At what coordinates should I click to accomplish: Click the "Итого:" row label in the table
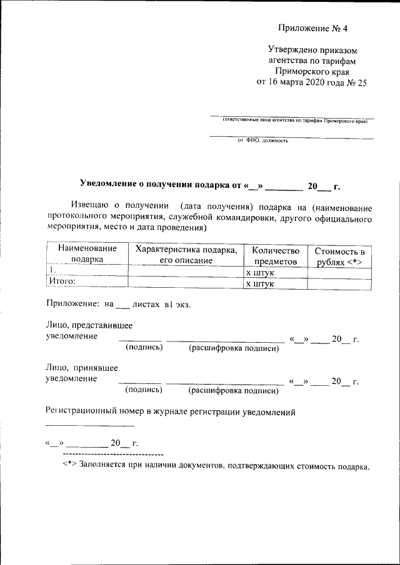(62, 282)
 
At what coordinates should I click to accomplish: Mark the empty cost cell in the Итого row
(339, 283)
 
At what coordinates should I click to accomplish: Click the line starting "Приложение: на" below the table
(118, 304)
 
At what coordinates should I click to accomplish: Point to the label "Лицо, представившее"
(89, 325)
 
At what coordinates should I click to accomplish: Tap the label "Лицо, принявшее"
(82, 368)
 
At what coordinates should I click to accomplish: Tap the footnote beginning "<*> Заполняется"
(216, 466)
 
